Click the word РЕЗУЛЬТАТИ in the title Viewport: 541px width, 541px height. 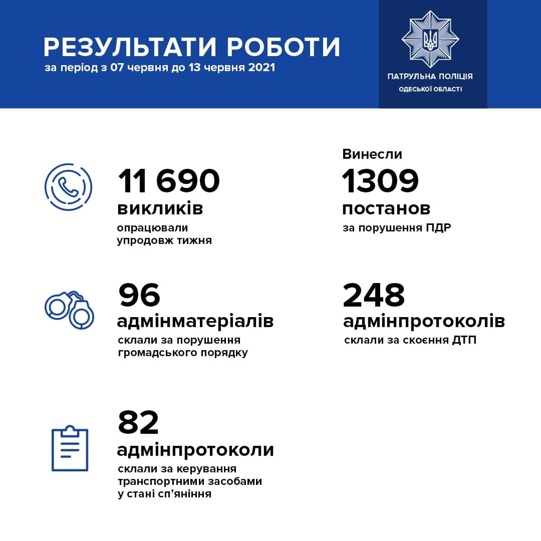point(131,47)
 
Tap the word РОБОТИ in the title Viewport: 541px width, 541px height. point(284,47)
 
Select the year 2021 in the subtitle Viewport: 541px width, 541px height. point(261,68)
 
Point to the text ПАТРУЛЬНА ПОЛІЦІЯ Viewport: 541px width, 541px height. point(430,77)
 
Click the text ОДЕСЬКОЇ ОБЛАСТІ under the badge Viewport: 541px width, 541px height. point(430,89)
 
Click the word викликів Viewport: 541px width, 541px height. point(160,208)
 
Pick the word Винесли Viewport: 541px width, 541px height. point(372,154)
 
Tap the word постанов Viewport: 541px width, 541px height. point(386,208)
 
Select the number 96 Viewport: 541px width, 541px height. point(139,295)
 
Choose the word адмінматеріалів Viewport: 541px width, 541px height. point(195,321)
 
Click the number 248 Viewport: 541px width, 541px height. point(374,295)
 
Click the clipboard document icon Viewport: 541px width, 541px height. point(70,448)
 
